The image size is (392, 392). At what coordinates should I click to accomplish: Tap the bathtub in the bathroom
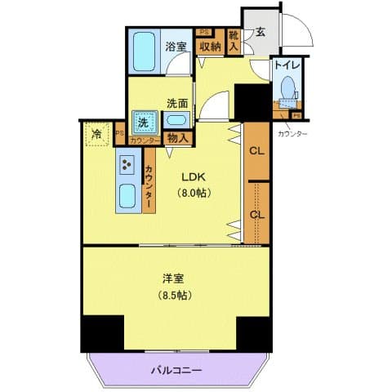[x=145, y=52]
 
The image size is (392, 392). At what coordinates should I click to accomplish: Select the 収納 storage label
[x=210, y=47]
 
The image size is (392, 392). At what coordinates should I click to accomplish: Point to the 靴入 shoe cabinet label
[x=234, y=42]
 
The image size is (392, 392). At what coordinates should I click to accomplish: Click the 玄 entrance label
[x=260, y=33]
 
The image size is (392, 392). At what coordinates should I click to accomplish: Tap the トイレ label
[x=286, y=63]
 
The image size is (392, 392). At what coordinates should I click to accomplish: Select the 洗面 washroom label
[x=177, y=103]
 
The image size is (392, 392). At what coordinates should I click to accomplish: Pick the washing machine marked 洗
[x=144, y=122]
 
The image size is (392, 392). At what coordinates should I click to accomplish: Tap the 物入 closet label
[x=177, y=139]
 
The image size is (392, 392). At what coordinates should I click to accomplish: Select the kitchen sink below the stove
[x=127, y=197]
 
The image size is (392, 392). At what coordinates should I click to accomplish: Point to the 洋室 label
[x=171, y=277]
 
